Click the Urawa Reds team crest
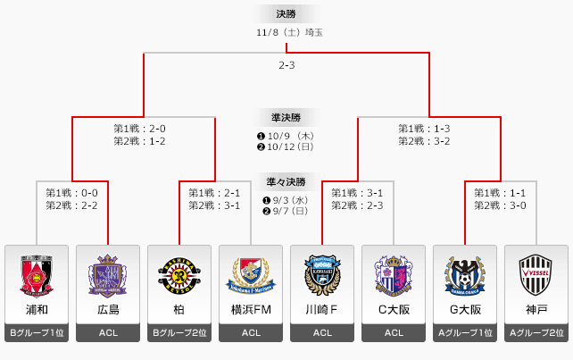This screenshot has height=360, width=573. click(x=37, y=274)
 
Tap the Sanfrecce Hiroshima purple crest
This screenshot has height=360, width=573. click(x=108, y=274)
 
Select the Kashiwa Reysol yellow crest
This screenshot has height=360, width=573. click(x=179, y=274)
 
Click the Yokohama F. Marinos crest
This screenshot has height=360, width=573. click(x=251, y=274)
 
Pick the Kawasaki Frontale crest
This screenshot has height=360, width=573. click(x=322, y=274)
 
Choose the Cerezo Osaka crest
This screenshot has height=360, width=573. click(x=394, y=274)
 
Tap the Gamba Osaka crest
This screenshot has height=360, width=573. click(x=465, y=274)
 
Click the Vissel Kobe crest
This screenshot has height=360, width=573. click(x=536, y=274)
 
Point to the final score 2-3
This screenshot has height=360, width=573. click(x=286, y=65)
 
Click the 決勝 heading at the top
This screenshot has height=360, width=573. click(x=286, y=13)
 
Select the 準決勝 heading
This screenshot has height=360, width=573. click(x=286, y=117)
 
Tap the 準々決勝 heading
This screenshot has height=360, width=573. click(x=286, y=181)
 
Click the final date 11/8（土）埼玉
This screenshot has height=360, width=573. click(x=286, y=32)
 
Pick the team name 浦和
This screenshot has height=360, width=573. click(x=37, y=310)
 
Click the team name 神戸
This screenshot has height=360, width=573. click(x=536, y=310)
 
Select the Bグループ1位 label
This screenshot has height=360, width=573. click(x=37, y=333)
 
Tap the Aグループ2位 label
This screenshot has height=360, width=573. click(x=536, y=333)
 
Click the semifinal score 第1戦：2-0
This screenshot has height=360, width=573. click(x=139, y=129)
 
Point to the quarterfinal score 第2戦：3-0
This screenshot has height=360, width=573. click(x=500, y=205)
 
